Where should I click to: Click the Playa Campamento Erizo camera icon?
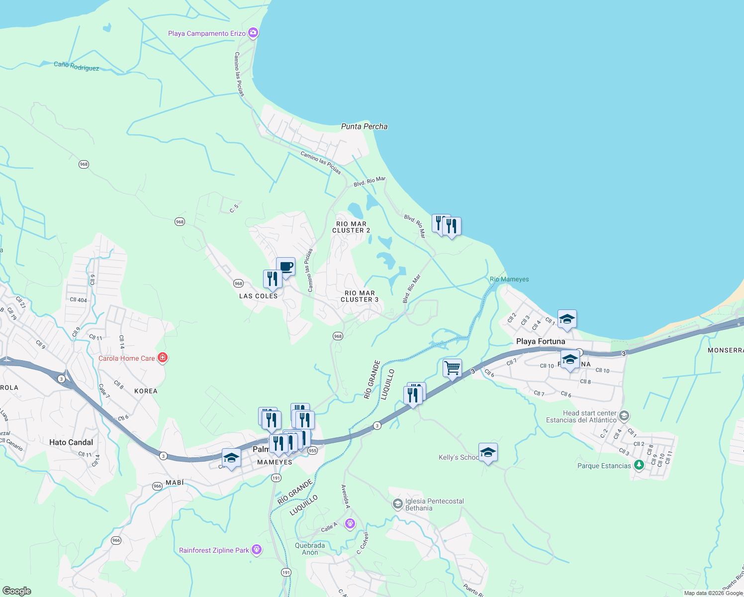click(253, 33)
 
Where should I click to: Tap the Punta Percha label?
click(364, 126)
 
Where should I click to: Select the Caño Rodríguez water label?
click(76, 66)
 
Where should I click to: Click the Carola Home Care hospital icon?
click(163, 358)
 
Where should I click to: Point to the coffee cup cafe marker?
click(286, 267)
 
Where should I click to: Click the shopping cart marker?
click(452, 369)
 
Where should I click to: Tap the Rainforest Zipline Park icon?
click(257, 550)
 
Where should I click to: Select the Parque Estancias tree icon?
click(639, 465)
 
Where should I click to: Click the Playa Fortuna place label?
click(541, 341)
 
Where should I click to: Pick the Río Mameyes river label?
click(509, 279)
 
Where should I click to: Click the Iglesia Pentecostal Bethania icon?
click(397, 504)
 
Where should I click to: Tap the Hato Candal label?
click(71, 442)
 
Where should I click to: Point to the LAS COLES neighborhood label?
click(259, 296)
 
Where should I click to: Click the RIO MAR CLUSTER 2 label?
click(351, 227)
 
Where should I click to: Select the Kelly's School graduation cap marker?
click(488, 452)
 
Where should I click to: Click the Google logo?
click(16, 591)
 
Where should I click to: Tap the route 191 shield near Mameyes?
click(276, 478)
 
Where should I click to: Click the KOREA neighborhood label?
click(146, 391)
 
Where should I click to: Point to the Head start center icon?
click(624, 415)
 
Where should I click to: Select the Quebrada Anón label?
click(310, 549)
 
